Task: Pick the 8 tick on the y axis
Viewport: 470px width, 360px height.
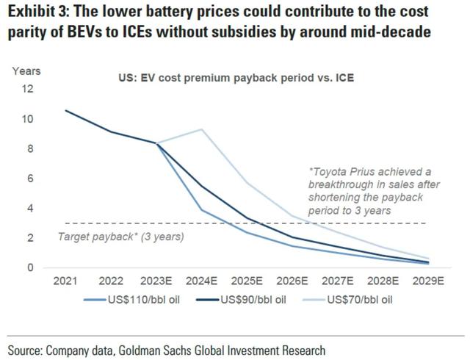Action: click(x=31, y=148)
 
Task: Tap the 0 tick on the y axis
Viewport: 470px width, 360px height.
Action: click(x=31, y=267)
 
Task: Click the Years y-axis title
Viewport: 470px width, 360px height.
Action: click(x=26, y=71)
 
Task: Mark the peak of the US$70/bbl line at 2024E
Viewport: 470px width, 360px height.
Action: click(x=202, y=129)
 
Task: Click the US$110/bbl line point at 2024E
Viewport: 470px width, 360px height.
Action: click(x=202, y=210)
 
